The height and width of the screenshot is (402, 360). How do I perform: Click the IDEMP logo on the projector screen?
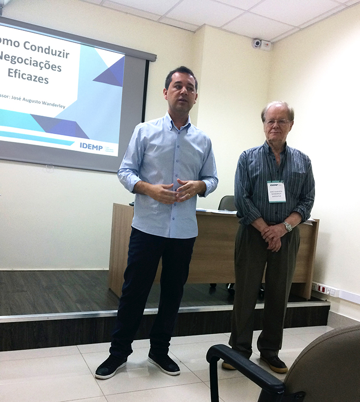92,146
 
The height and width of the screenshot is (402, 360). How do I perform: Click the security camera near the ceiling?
257,43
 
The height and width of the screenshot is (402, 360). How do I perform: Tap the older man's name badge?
276,191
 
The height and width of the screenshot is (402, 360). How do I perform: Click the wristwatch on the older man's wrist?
287,226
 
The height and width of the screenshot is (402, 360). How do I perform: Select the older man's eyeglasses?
277,122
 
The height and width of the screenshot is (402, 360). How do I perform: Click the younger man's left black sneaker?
164,363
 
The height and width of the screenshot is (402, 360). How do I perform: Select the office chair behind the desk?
227,203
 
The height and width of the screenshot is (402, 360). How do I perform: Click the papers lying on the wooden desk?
211,210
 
